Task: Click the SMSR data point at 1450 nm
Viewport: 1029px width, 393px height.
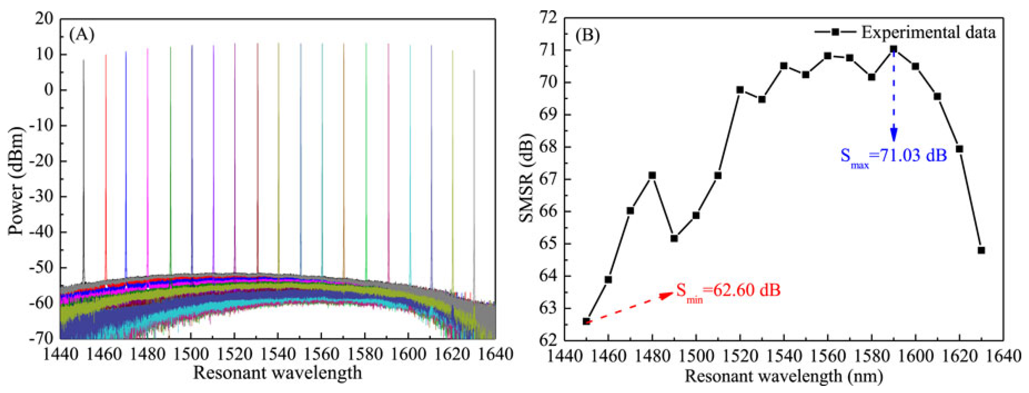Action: (586, 321)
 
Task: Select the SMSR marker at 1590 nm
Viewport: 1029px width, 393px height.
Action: (893, 49)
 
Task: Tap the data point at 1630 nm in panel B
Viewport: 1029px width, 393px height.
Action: (981, 250)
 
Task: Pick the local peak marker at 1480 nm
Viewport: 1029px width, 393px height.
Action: (652, 175)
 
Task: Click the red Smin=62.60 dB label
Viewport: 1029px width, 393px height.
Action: (728, 291)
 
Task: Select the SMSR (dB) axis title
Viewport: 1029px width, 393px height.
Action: (526, 178)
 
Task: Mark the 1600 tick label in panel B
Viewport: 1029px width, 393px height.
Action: (915, 355)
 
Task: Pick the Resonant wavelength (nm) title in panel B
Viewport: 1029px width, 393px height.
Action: (783, 376)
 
